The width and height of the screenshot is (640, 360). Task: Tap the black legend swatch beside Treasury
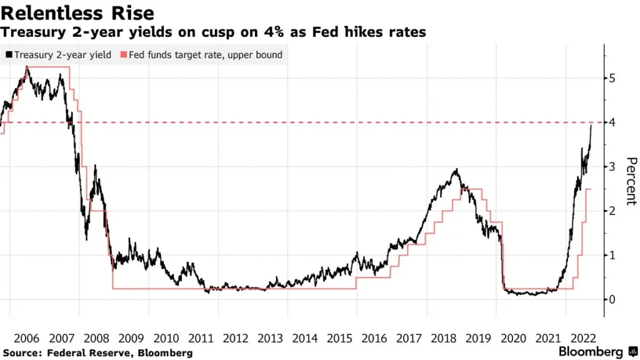pos(9,55)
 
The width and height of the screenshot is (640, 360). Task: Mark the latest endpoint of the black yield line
pos(591,126)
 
